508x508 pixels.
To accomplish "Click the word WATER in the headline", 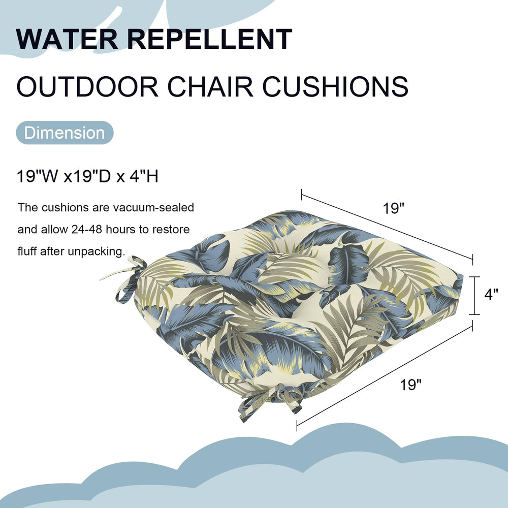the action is click(x=67, y=39).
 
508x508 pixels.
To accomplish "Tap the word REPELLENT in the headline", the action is click(x=210, y=39).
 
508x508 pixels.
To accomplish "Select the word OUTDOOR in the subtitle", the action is click(x=87, y=86).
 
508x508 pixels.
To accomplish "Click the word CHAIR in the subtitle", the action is click(x=210, y=86).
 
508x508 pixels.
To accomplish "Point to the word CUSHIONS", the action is click(x=335, y=86).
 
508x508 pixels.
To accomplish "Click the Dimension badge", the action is click(x=65, y=133).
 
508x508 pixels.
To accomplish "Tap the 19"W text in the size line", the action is click(x=38, y=177).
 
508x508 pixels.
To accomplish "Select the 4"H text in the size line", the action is click(x=144, y=177).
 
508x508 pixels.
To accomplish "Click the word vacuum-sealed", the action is click(x=153, y=207).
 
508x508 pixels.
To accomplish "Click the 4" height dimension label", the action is click(x=491, y=295).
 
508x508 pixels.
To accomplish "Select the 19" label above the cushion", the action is click(x=394, y=208).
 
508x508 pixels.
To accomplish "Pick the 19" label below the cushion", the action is click(x=411, y=385).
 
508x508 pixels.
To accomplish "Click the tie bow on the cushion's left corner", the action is click(x=128, y=278).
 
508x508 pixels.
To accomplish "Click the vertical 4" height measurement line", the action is click(x=474, y=296).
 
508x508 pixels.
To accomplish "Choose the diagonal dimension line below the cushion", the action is click(x=385, y=376).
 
